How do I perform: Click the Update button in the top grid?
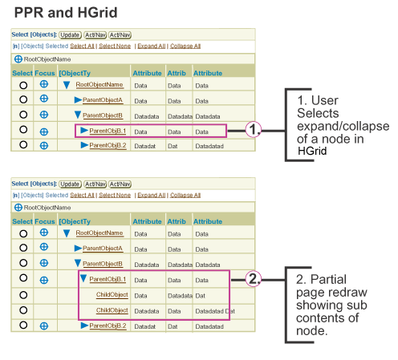click(x=70, y=35)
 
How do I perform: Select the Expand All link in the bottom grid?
click(x=152, y=195)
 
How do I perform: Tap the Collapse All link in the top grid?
click(x=185, y=46)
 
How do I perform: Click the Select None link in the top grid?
click(x=115, y=46)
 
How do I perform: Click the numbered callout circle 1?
click(x=253, y=130)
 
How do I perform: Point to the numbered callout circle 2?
click(x=253, y=279)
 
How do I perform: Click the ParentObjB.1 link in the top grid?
click(x=108, y=131)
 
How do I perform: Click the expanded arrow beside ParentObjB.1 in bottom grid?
click(x=83, y=278)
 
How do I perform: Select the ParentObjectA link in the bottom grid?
click(x=103, y=249)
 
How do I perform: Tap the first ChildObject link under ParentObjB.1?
click(x=112, y=294)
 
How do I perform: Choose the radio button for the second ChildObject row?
click(x=23, y=310)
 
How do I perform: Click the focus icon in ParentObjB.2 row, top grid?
click(x=44, y=146)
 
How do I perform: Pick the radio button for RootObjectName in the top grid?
click(x=23, y=85)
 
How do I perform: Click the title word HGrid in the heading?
click(x=97, y=13)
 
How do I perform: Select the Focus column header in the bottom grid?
click(x=45, y=221)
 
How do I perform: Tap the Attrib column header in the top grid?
click(x=177, y=73)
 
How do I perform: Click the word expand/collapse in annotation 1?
click(x=343, y=126)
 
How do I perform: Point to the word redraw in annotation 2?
click(x=351, y=292)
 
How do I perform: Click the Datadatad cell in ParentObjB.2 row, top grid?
click(x=209, y=146)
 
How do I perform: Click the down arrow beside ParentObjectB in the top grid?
click(x=78, y=115)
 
